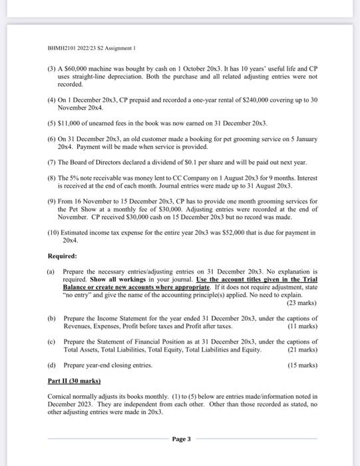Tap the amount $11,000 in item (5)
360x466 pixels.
tap(70, 123)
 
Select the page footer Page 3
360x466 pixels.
tap(180, 439)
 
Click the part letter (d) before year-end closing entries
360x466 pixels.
tap(51, 365)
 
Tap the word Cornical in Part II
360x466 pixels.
tap(62, 395)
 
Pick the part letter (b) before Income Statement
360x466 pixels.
tap(51, 319)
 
